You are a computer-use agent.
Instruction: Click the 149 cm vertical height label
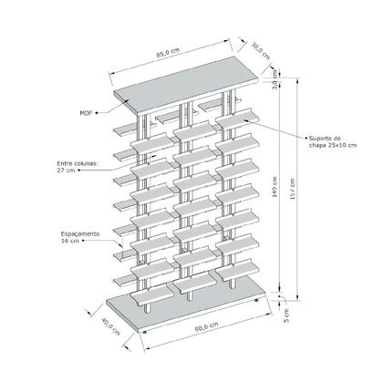tap(276, 191)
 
